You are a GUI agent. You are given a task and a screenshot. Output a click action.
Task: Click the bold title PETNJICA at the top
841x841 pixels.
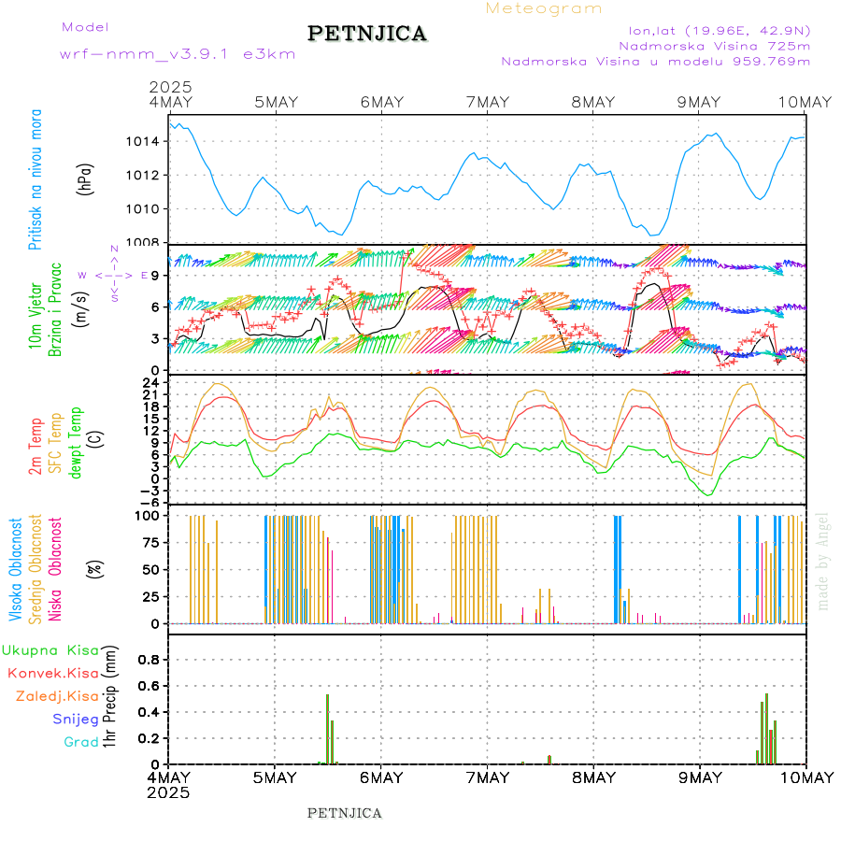click(x=367, y=34)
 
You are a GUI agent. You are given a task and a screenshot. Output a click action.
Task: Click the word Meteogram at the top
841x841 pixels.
click(x=545, y=8)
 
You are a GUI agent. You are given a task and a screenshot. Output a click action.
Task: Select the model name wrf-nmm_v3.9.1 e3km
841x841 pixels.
click(x=178, y=54)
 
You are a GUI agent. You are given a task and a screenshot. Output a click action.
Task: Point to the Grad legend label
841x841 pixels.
click(x=80, y=743)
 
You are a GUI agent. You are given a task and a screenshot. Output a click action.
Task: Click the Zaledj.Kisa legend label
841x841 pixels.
click(x=57, y=696)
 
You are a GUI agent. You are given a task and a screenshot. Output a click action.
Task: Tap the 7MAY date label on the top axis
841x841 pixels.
click(x=487, y=102)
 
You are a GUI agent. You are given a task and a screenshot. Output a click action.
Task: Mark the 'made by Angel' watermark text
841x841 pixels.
click(x=823, y=561)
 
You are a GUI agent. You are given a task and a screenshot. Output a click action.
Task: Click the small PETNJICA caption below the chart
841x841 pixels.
click(x=345, y=813)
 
